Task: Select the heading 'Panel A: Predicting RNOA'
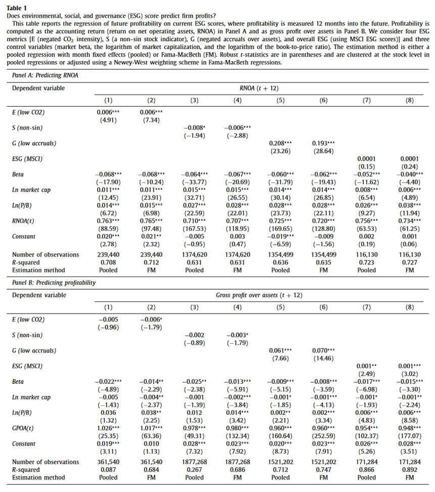[x=43, y=75]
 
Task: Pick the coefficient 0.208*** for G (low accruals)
[x=281, y=143]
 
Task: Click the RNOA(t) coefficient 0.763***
[x=108, y=222]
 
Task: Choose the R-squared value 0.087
[x=108, y=469]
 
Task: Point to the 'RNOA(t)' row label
[x=23, y=222]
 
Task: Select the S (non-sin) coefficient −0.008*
[x=195, y=128]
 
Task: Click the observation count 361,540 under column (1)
[x=108, y=462]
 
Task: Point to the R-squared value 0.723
[x=366, y=262]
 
